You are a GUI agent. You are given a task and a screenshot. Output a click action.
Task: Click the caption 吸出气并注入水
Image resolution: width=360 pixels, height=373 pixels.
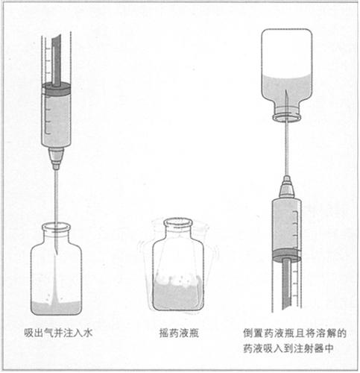58,333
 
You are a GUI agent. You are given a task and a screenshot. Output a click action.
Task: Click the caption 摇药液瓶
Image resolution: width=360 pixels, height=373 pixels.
179,333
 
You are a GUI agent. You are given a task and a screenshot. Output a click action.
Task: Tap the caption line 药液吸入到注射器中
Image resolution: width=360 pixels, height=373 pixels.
288,348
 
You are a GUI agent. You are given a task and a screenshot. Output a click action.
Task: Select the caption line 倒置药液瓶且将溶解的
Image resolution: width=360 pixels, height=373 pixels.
294,333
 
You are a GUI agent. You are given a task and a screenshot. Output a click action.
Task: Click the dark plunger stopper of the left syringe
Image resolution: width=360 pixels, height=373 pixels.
56,90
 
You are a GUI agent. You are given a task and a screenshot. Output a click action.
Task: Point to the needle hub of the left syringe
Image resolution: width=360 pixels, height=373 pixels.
56,158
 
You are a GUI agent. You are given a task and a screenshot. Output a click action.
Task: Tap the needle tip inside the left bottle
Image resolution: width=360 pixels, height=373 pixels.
57,254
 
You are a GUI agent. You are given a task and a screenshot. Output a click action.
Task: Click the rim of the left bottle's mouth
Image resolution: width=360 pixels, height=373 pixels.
56,228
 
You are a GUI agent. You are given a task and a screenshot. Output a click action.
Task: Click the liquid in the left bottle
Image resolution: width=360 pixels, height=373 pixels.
57,308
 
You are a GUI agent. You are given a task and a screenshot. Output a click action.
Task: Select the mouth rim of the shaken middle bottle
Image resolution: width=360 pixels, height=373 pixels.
178,223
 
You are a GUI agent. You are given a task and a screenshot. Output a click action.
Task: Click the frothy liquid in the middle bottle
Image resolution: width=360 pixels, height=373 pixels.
178,293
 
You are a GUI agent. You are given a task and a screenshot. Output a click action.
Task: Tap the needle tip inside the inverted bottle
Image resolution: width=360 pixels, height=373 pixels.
286,91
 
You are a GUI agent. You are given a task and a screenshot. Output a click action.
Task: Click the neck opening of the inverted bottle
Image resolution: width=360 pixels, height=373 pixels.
287,117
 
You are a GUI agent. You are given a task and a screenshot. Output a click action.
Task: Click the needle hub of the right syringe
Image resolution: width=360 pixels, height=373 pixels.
287,186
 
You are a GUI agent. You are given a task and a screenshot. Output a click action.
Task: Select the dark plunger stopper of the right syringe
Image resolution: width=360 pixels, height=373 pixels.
286,255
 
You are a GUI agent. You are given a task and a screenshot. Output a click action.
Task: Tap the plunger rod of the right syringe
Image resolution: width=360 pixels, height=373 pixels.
286,285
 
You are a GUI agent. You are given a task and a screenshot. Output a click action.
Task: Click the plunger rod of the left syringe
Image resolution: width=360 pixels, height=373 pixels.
56,60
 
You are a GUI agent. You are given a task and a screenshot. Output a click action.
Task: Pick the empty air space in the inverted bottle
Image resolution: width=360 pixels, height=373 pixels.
287,51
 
